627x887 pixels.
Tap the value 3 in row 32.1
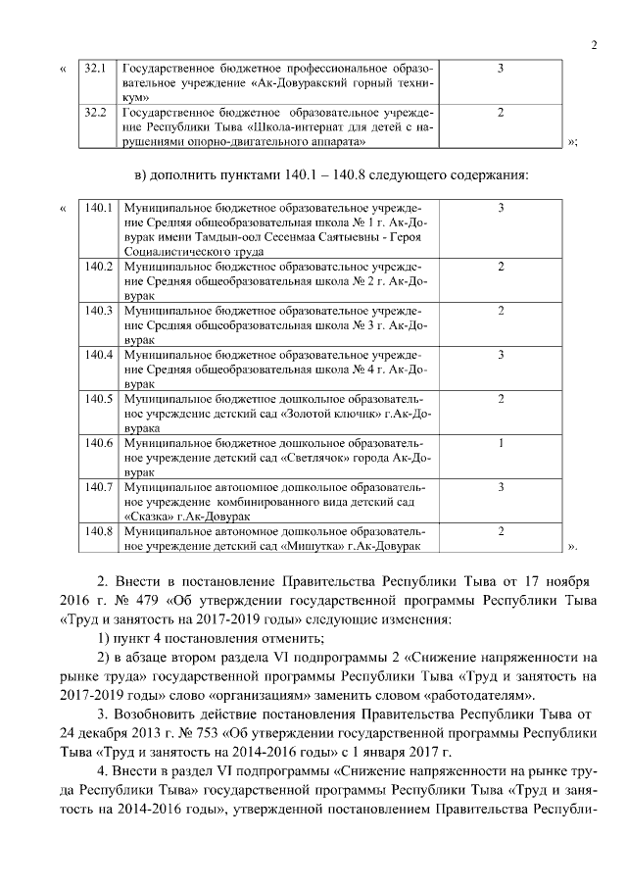point(501,69)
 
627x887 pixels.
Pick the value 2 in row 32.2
point(501,113)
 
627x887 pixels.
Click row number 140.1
point(99,209)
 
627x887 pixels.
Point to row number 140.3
point(99,311)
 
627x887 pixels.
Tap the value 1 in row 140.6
point(501,442)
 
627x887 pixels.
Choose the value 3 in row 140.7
point(501,486)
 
